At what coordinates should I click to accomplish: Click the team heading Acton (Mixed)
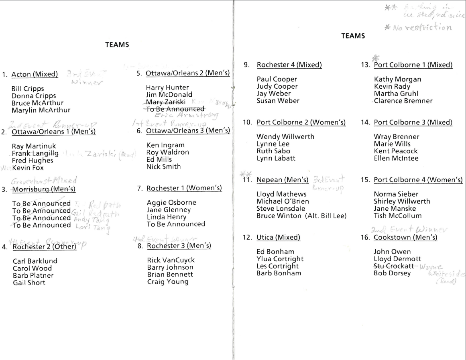click(x=35, y=74)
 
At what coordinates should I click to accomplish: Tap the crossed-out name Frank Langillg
click(x=35, y=153)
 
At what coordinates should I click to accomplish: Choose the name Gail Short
click(x=29, y=283)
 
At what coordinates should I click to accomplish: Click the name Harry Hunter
click(x=167, y=87)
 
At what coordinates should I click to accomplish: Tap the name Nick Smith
click(x=164, y=167)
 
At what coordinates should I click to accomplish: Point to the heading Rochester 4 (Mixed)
click(x=289, y=65)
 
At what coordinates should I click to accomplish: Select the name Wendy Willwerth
click(x=285, y=137)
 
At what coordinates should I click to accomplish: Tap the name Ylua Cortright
click(x=280, y=259)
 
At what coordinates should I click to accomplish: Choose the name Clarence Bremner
click(x=403, y=101)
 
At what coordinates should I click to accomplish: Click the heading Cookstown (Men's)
click(x=405, y=238)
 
